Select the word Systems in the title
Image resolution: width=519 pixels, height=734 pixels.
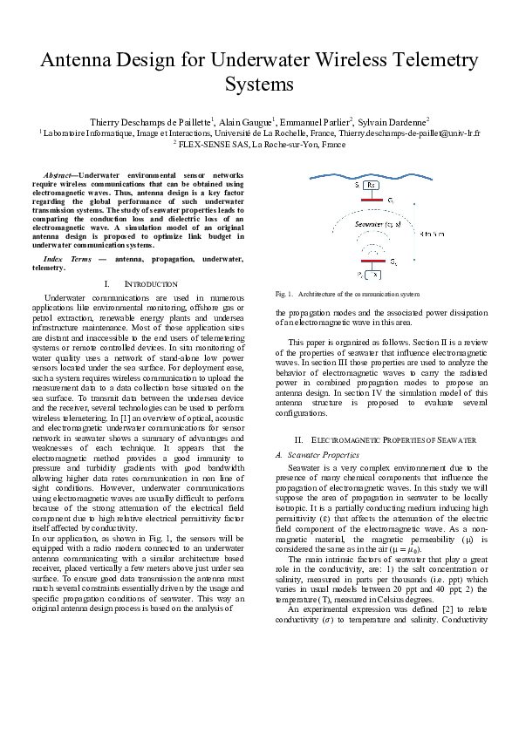click(x=259, y=85)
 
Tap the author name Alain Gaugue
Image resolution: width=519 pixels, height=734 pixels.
click(x=244, y=122)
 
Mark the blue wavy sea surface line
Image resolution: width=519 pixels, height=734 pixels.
click(x=371, y=172)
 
